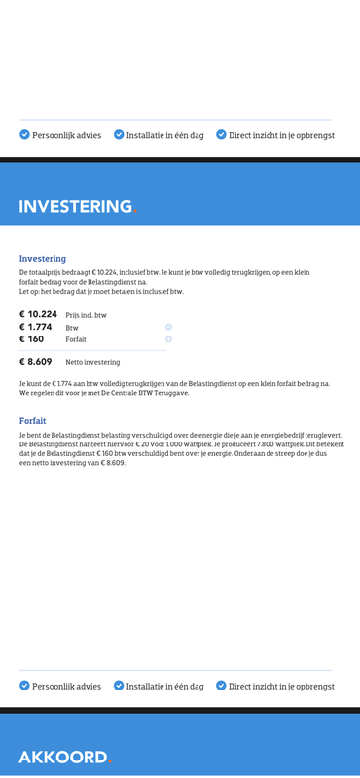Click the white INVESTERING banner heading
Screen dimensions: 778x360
tap(75, 206)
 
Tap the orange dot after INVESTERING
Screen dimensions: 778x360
tap(135, 211)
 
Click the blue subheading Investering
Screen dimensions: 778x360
tap(43, 259)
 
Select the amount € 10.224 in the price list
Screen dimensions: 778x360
tap(38, 314)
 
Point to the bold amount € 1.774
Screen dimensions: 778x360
tap(35, 327)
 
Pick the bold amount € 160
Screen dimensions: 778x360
tap(31, 339)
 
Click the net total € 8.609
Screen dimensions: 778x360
tap(35, 361)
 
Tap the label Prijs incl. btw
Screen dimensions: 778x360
tap(87, 315)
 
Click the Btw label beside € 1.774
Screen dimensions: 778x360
tap(72, 328)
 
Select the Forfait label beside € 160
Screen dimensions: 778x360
tap(76, 339)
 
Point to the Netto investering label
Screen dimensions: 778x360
tap(92, 362)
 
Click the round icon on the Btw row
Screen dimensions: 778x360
tap(168, 327)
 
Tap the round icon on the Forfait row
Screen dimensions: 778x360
tap(168, 339)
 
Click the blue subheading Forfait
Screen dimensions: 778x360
tap(33, 421)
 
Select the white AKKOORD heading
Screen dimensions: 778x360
tap(62, 757)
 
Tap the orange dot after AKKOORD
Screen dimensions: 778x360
tap(110, 761)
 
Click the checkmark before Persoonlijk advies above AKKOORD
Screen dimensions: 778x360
tap(24, 685)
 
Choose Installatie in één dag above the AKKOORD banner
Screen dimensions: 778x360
tap(164, 686)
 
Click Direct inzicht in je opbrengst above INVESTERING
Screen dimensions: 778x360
tap(281, 135)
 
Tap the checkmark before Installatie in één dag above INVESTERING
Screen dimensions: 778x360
tap(119, 134)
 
